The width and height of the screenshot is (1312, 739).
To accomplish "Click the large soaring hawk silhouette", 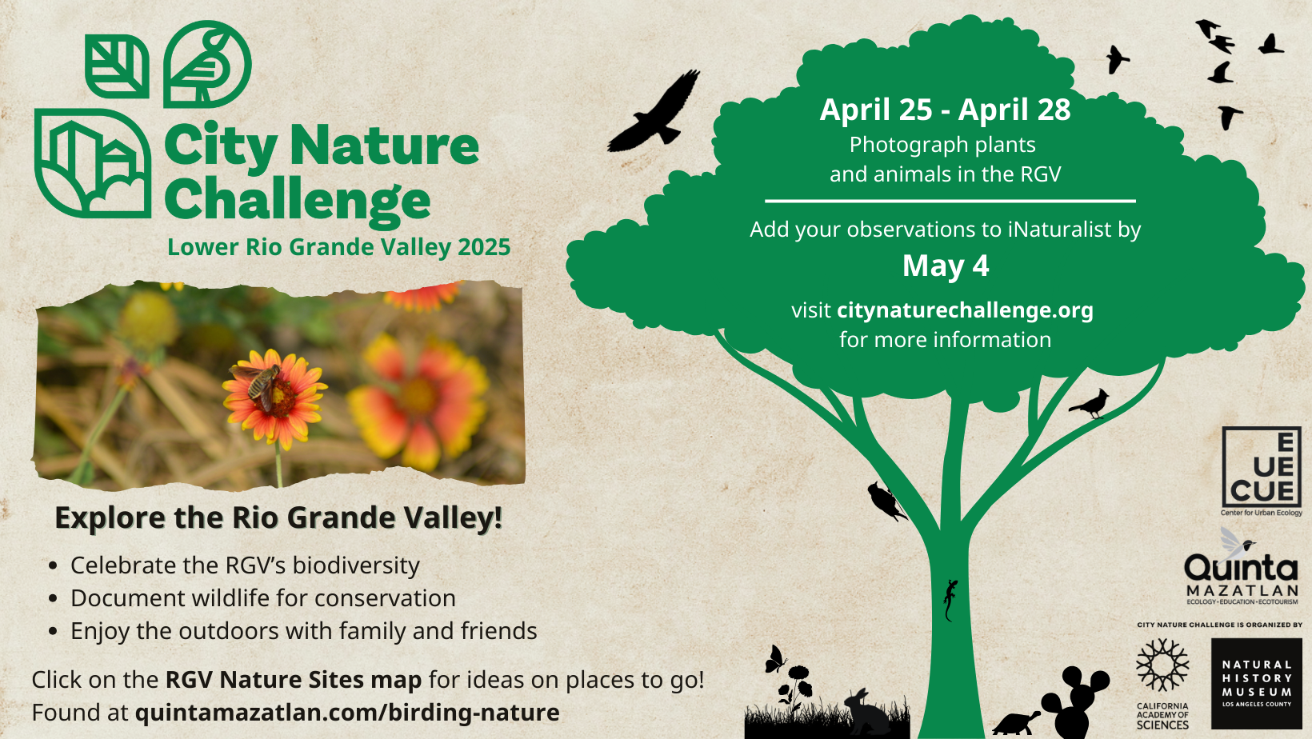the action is tap(655, 114).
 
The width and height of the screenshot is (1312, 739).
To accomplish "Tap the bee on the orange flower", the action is tap(261, 384).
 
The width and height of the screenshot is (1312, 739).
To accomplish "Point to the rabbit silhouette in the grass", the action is tap(866, 713).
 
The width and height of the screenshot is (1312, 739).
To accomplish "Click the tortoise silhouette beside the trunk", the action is tap(1016, 724).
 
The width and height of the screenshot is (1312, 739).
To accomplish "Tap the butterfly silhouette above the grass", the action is tap(775, 659).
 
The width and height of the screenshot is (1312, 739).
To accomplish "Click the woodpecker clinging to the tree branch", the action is tap(886, 501).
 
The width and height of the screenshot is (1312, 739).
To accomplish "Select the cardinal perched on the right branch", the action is tap(1090, 404).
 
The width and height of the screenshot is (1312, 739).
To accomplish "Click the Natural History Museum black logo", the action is tap(1256, 683).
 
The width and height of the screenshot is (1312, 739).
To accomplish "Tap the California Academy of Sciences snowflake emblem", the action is tap(1162, 665).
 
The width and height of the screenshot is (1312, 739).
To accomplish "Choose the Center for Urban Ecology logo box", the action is tap(1262, 467).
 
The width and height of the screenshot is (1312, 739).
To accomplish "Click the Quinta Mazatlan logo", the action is tap(1241, 574).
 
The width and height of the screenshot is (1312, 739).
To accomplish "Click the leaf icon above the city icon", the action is tap(117, 66).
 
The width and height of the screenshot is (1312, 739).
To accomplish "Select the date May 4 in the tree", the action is tap(946, 266).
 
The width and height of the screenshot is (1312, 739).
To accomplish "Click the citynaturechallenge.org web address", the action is tap(965, 310).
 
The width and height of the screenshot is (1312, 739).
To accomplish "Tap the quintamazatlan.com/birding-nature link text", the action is tap(347, 713).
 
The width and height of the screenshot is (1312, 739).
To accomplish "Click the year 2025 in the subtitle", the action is tap(484, 247).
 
